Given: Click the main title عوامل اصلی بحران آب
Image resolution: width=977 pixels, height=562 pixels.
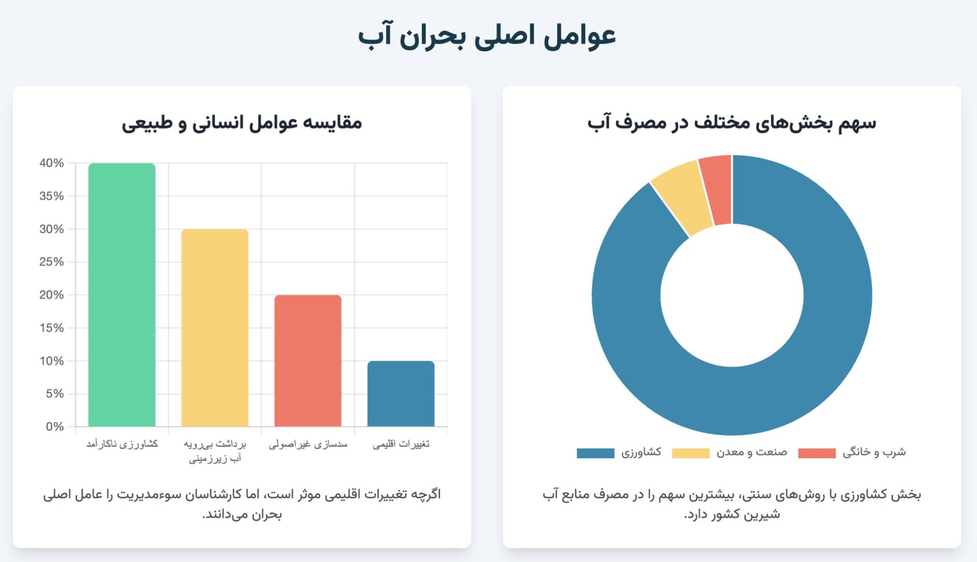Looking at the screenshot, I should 487,37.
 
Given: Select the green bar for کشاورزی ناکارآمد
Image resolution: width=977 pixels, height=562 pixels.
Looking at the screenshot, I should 122,295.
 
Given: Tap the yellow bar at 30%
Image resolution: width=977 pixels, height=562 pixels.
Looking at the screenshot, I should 215,328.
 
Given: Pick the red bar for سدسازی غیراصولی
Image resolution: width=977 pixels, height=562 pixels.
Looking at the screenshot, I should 308,361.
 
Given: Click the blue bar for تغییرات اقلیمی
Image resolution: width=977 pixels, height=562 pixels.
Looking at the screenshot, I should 401,394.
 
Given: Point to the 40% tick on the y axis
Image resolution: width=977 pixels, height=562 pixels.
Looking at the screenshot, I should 51,163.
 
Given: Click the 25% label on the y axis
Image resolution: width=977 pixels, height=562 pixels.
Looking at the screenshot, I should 51,262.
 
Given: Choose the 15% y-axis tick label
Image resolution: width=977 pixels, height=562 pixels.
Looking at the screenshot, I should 51,328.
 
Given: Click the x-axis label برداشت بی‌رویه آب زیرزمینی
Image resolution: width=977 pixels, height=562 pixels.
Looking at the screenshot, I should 215,451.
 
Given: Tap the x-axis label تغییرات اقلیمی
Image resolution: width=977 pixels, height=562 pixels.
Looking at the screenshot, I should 401,445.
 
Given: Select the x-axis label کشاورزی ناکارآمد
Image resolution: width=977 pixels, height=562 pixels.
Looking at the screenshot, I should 122,445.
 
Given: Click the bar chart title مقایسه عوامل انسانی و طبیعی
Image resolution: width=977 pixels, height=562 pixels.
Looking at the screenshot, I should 242,123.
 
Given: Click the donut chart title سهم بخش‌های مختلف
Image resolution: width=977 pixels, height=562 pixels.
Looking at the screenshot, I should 732,123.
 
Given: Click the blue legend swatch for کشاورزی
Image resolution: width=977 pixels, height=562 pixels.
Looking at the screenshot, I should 595,453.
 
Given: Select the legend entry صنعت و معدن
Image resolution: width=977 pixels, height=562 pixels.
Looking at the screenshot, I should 752,452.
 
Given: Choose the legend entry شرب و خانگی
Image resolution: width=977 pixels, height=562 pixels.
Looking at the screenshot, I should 874,452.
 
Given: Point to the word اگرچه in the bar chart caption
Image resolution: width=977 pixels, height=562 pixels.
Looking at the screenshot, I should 426,494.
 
